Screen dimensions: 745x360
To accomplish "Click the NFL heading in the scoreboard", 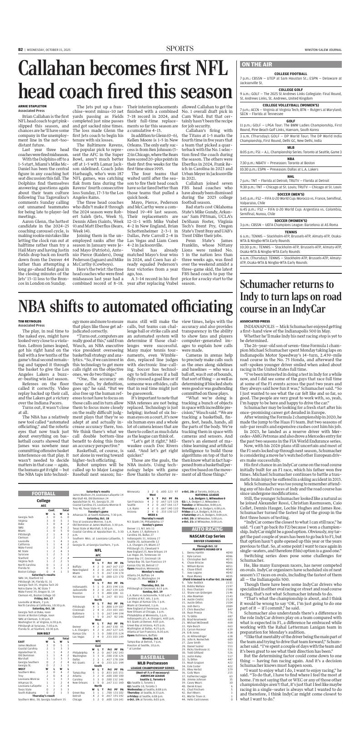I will tap(97, 562).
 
